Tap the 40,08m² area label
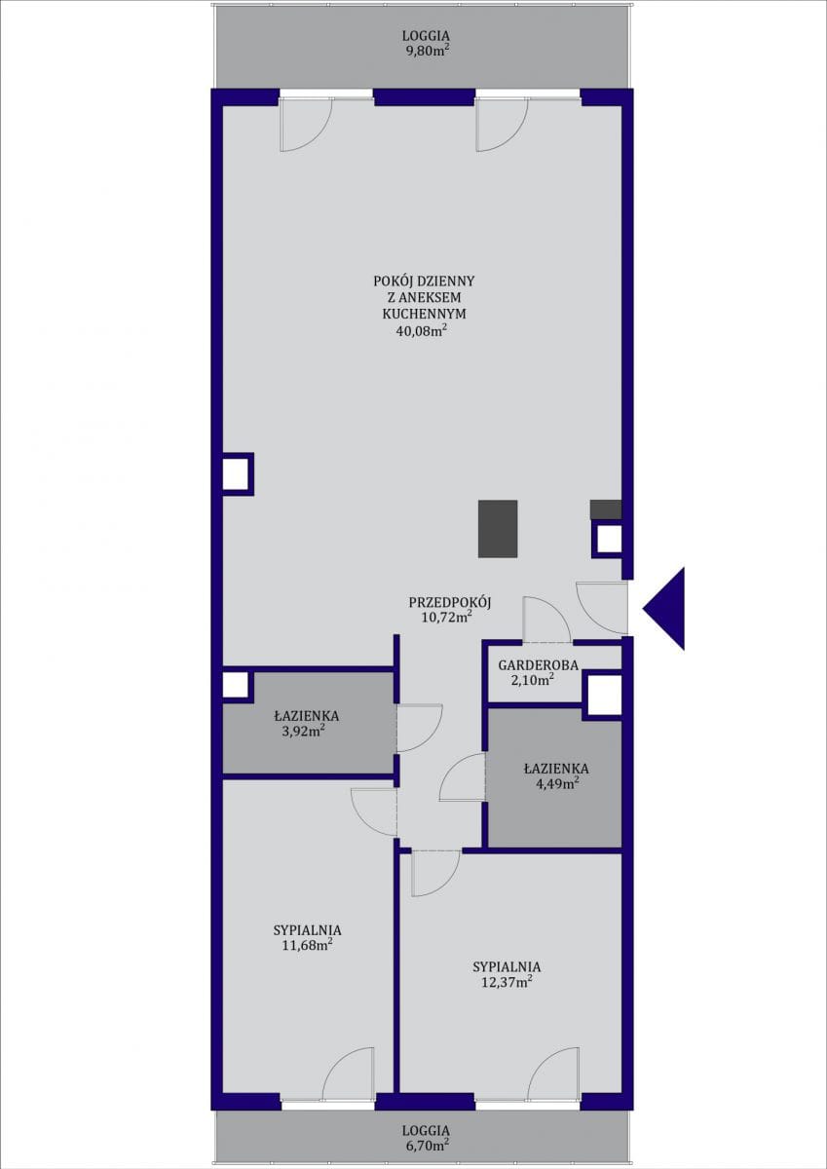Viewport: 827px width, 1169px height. (x=422, y=331)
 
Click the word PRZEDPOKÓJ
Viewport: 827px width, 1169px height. (x=450, y=602)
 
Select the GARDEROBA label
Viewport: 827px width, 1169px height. (x=538, y=665)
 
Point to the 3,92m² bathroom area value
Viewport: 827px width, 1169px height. (x=307, y=732)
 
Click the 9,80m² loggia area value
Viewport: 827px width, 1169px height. (x=427, y=51)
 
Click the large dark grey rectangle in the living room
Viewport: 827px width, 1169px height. (x=498, y=528)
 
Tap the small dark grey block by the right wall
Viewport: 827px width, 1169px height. (x=606, y=509)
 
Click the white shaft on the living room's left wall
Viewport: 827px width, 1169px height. (x=236, y=473)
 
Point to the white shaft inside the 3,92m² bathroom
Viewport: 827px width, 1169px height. (x=236, y=685)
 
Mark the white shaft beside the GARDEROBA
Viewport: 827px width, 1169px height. (x=605, y=696)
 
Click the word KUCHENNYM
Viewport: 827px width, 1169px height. (x=424, y=314)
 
